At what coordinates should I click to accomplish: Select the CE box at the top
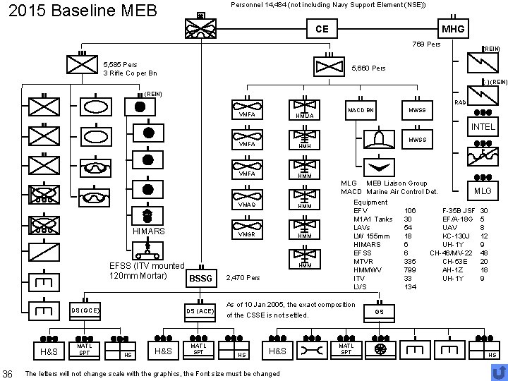[x=322, y=29]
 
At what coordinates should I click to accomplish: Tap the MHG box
[x=452, y=29]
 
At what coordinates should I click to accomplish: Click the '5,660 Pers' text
[x=368, y=68]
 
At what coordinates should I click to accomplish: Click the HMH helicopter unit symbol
[x=305, y=141]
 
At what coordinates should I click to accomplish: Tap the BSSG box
[x=200, y=278]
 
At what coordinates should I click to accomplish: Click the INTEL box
[x=483, y=127]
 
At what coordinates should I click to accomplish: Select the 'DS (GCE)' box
[x=85, y=310]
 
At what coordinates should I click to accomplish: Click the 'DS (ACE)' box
[x=200, y=310]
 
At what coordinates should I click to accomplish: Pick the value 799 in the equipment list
[x=410, y=270]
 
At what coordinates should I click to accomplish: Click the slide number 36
[x=8, y=372]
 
